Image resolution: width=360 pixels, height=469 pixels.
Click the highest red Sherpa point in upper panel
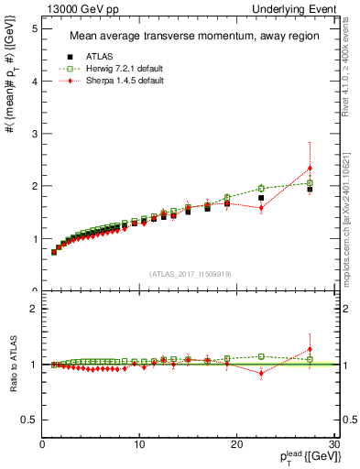(310, 169)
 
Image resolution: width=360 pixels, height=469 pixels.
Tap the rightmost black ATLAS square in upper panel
(310, 190)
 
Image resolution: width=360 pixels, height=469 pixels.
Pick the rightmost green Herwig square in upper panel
(310, 183)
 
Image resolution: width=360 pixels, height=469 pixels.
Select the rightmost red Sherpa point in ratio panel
(310, 349)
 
